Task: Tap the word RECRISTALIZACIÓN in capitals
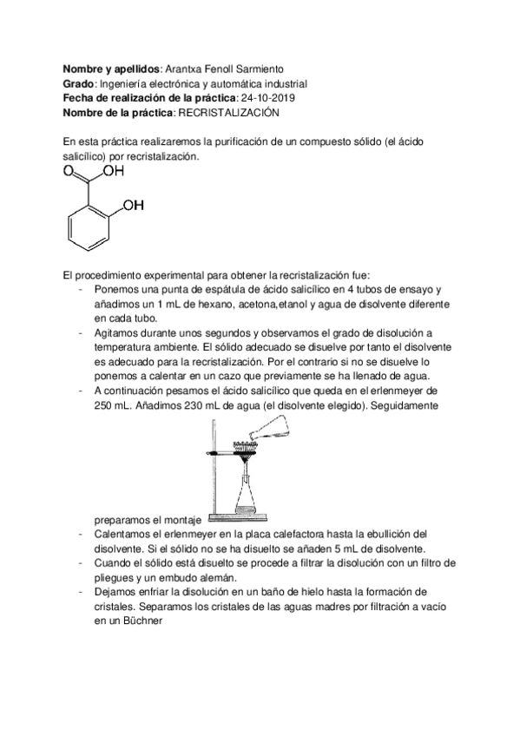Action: click(x=230, y=113)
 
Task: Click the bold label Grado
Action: click(x=78, y=83)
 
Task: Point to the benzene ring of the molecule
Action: click(x=89, y=222)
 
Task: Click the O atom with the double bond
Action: click(x=68, y=172)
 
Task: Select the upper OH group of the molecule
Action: click(x=114, y=171)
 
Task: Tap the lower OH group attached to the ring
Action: click(x=133, y=206)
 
